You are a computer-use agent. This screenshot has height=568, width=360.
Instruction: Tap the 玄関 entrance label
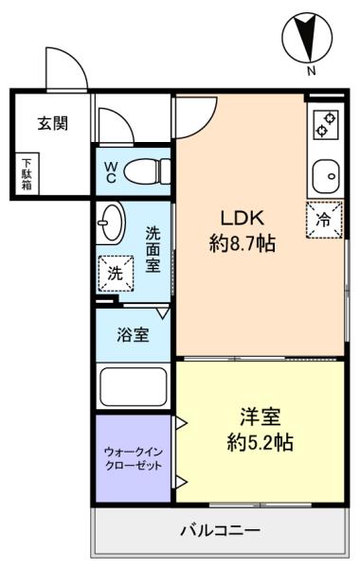coord(52,123)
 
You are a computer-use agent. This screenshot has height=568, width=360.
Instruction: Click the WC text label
coord(110,171)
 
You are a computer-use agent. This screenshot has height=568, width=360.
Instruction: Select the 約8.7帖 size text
coord(242,243)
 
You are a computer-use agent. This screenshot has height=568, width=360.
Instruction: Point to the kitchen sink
coord(326,174)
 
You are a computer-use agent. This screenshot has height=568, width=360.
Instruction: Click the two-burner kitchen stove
coord(326,125)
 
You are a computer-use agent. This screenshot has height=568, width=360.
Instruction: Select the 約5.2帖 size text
coord(260,441)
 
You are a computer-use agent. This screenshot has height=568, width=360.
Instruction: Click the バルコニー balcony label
coord(220,530)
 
